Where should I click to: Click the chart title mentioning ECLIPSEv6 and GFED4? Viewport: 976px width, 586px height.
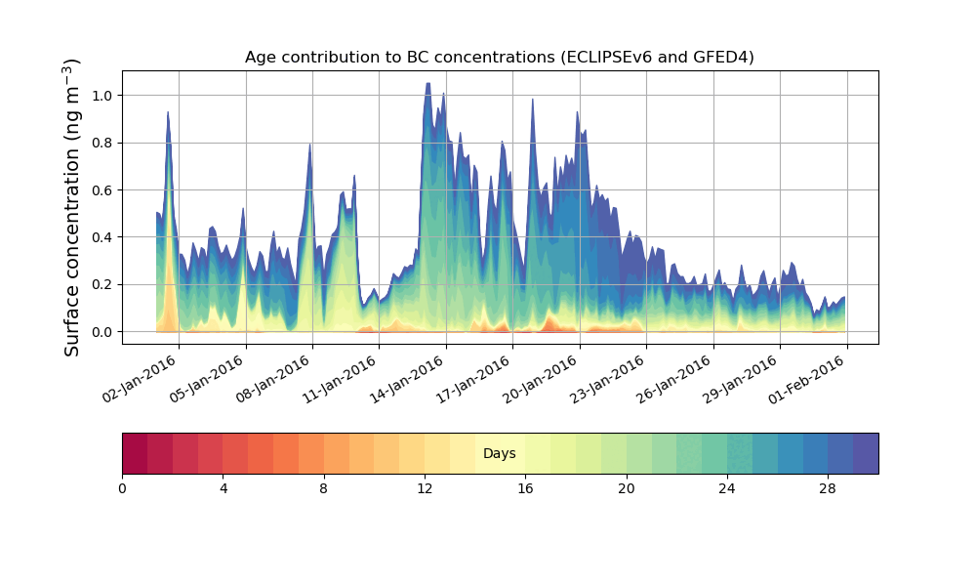499,58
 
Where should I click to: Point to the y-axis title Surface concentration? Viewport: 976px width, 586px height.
72,208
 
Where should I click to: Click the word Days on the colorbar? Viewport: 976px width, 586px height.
499,454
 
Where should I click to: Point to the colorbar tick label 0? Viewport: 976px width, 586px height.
122,488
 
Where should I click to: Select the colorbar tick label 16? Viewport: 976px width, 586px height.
525,488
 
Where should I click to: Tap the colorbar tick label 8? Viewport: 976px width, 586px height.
324,488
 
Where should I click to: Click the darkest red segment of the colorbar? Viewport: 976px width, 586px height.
135,454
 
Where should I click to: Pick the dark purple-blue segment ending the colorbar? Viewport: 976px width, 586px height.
865,454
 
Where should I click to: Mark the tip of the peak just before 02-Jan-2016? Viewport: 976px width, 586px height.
168,112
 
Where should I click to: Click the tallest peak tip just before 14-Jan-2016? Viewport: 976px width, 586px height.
427,84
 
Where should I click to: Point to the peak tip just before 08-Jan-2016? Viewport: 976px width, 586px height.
309,146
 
